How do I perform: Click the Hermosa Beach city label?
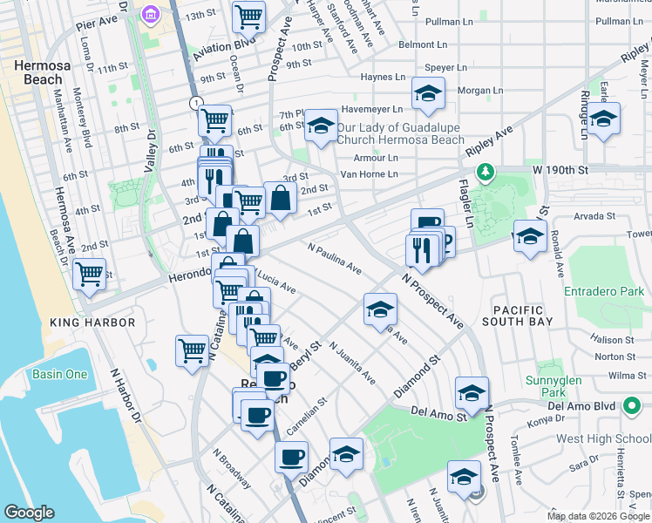[37, 72]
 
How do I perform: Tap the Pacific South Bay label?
[522, 316]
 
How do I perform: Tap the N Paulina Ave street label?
[335, 259]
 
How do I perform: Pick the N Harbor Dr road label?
[126, 400]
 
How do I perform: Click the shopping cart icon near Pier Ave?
[249, 15]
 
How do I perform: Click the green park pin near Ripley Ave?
[489, 172]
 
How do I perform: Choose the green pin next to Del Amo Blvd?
[631, 406]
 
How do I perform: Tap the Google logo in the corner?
[29, 513]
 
